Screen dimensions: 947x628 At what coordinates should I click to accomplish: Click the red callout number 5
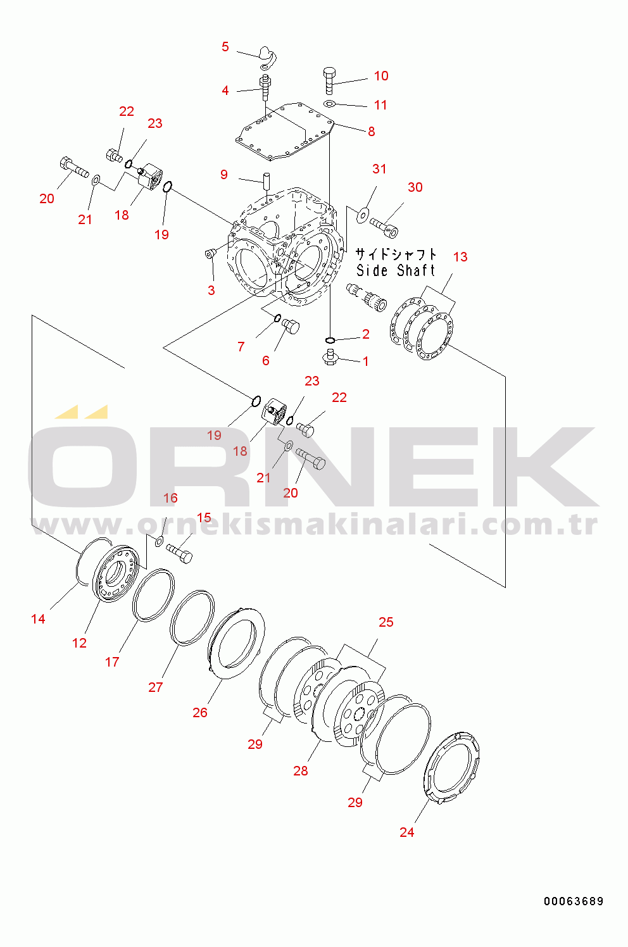(x=225, y=47)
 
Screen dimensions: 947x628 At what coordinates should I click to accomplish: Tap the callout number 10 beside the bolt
(x=380, y=76)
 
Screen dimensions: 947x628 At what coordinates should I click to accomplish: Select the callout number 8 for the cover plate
(x=372, y=132)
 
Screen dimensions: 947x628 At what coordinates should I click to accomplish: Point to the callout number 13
(x=460, y=257)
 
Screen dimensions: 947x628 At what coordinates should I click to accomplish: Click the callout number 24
(x=406, y=832)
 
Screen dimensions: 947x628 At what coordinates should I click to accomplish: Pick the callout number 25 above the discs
(x=386, y=622)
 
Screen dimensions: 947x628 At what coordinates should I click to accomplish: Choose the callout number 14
(x=38, y=619)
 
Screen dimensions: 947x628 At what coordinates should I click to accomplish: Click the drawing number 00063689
(x=574, y=901)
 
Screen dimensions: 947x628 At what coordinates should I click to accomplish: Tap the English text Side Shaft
(x=396, y=271)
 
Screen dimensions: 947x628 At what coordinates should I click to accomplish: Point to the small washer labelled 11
(x=330, y=104)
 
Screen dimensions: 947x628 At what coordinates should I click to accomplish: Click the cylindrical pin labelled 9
(x=267, y=179)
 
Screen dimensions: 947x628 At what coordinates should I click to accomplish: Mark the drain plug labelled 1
(x=329, y=357)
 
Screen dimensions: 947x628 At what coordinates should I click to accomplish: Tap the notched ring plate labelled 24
(x=451, y=767)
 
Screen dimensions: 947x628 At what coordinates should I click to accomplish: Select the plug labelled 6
(x=291, y=326)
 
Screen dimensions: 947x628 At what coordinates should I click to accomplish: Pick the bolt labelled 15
(x=179, y=553)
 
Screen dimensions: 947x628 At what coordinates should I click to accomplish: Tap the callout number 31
(x=379, y=169)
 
